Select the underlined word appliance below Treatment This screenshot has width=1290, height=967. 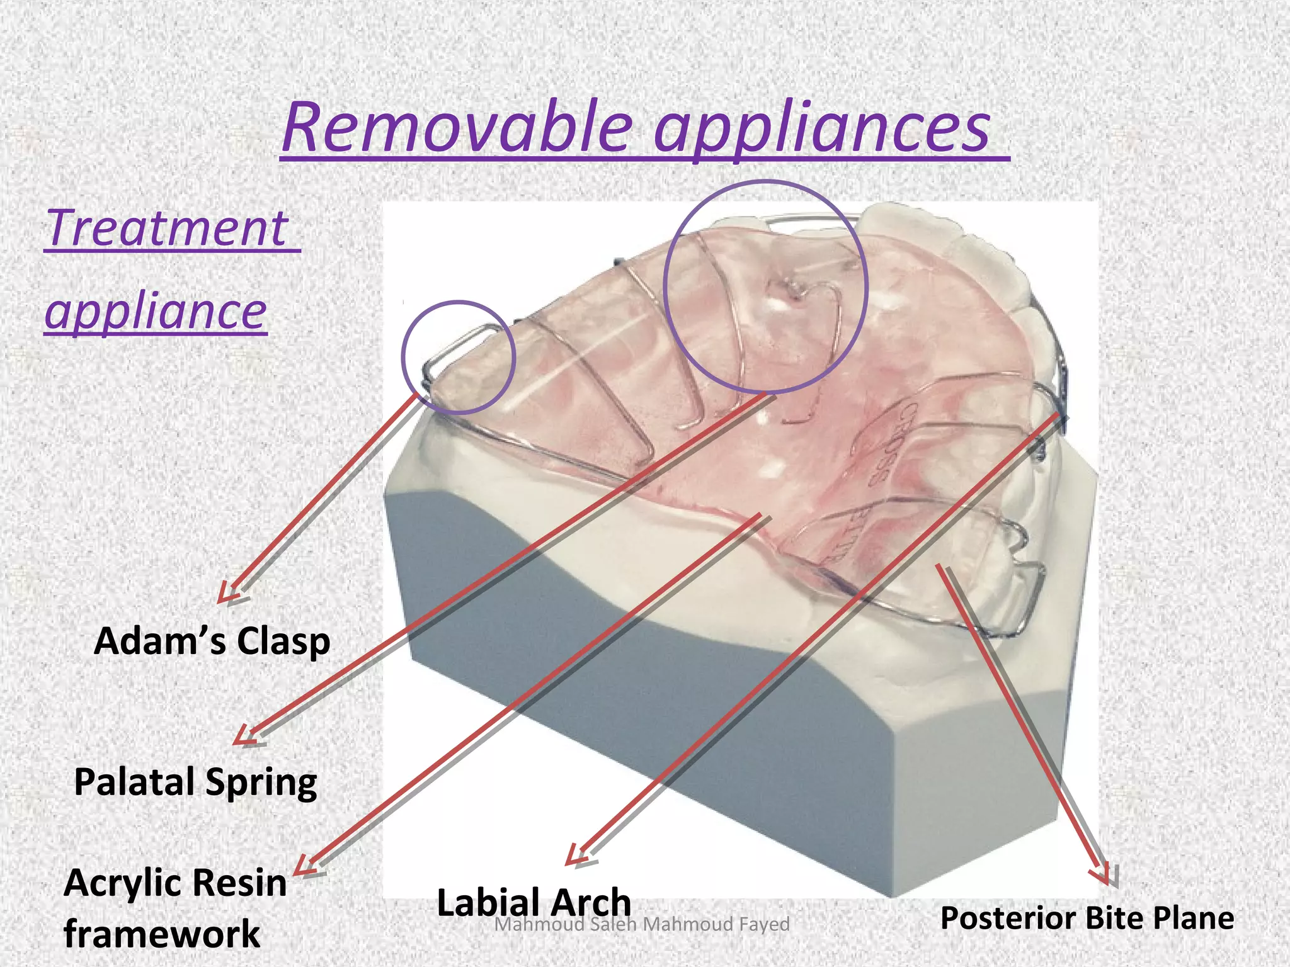[156, 311]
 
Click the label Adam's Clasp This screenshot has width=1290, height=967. [212, 642]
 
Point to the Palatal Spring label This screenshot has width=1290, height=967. [195, 783]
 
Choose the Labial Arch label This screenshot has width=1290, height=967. [534, 902]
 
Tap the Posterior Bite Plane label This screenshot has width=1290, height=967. [1087, 918]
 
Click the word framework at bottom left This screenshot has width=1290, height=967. [162, 934]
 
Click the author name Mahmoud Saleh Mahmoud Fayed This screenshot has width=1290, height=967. [642, 924]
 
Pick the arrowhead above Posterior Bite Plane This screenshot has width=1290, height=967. [1101, 876]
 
